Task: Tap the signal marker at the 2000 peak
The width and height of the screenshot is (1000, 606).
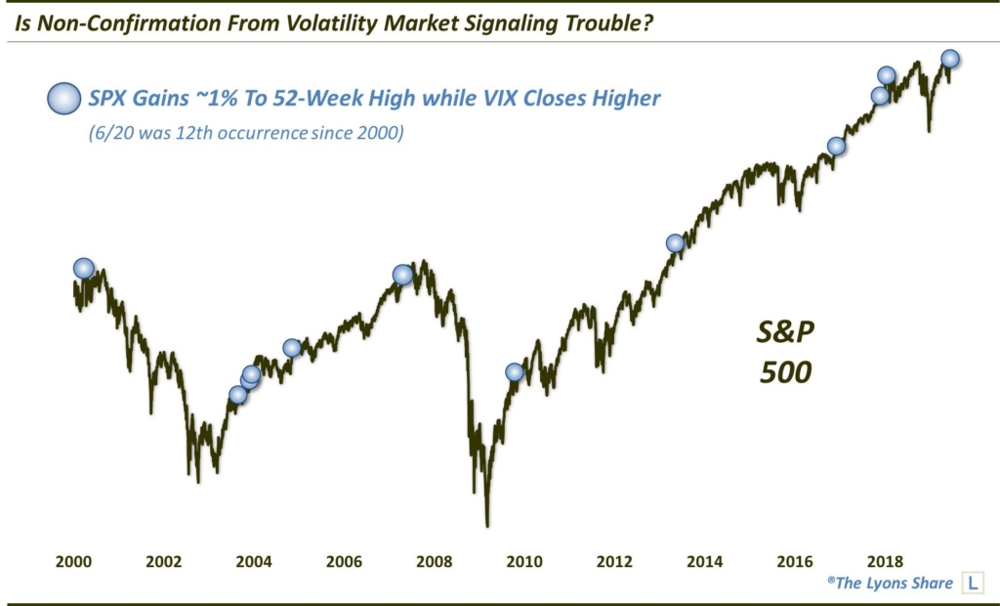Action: click(84, 268)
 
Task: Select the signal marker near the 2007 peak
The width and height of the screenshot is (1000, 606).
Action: click(402, 275)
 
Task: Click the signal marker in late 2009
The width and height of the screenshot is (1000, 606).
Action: click(515, 371)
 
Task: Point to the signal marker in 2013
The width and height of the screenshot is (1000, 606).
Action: click(674, 242)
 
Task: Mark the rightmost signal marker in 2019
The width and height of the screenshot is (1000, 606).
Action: click(949, 59)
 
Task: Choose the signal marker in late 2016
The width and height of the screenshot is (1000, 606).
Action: click(836, 147)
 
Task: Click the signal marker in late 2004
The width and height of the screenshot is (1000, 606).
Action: click(292, 347)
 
